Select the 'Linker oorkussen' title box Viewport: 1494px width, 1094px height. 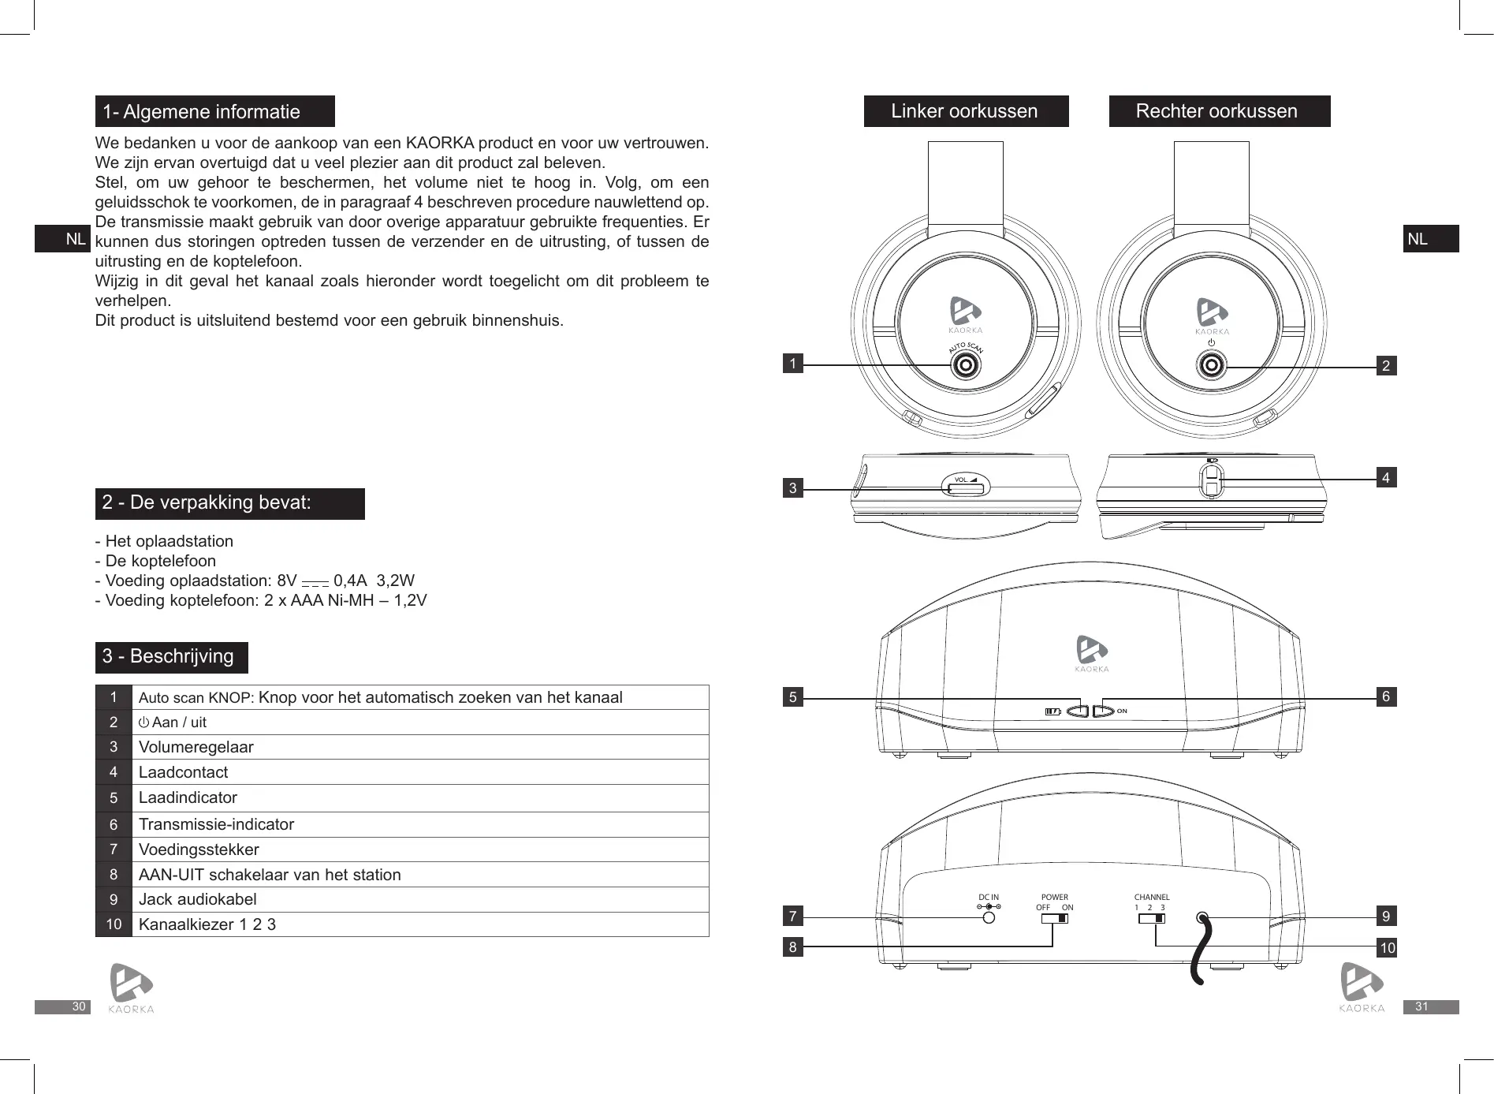(966, 111)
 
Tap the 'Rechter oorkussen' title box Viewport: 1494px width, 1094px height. (1219, 111)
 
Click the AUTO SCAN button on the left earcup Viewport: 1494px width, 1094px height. (964, 365)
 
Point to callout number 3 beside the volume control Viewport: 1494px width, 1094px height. (792, 489)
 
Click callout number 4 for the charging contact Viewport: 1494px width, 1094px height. (1386, 477)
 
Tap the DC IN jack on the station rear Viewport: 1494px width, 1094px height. (989, 917)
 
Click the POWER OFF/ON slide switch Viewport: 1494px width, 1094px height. (1055, 917)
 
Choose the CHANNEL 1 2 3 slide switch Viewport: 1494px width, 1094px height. (1152, 917)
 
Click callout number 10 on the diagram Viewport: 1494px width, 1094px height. (1387, 948)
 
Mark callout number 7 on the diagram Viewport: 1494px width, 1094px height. (792, 917)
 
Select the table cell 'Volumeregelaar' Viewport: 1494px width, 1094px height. (196, 747)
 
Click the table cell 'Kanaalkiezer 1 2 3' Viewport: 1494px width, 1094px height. (207, 924)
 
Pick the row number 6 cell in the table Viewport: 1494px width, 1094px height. (114, 824)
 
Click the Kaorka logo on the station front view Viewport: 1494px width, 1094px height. (1092, 654)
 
